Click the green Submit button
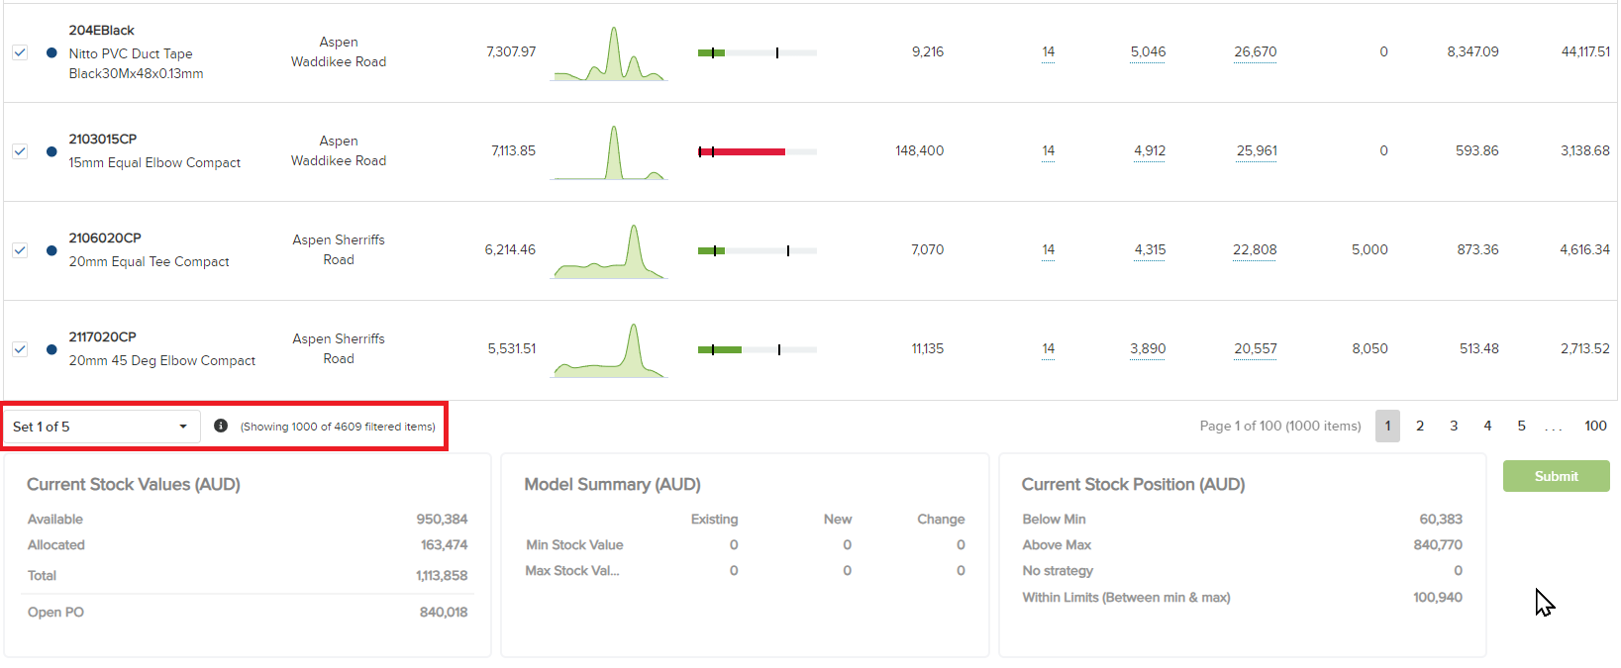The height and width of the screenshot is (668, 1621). click(x=1556, y=476)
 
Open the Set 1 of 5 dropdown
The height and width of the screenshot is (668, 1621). click(x=100, y=427)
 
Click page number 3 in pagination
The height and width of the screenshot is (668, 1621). click(x=1454, y=426)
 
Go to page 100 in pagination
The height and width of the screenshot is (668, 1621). click(x=1595, y=426)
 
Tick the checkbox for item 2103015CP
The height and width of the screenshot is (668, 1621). click(x=20, y=151)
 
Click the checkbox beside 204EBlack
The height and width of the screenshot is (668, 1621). click(x=20, y=52)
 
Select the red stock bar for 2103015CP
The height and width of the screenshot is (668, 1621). click(x=743, y=151)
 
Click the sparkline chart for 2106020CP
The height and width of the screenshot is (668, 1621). click(x=610, y=251)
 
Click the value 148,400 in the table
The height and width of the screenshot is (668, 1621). click(x=919, y=150)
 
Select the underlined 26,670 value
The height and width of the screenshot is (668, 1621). click(x=1255, y=51)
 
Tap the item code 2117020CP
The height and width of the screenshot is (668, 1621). click(x=102, y=336)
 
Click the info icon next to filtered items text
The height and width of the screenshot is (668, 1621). click(x=221, y=426)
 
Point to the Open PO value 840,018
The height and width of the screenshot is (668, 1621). click(x=443, y=612)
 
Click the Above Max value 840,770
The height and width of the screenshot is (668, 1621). click(x=1437, y=544)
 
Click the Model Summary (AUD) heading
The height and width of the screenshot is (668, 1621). click(x=612, y=484)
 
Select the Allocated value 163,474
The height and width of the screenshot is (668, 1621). click(x=444, y=544)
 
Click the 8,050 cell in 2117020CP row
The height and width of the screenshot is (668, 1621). click(x=1369, y=348)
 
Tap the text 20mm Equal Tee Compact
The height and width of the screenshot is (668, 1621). click(x=149, y=261)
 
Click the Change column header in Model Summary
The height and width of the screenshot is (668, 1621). click(x=940, y=519)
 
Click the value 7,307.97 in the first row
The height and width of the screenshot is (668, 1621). click(x=511, y=51)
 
